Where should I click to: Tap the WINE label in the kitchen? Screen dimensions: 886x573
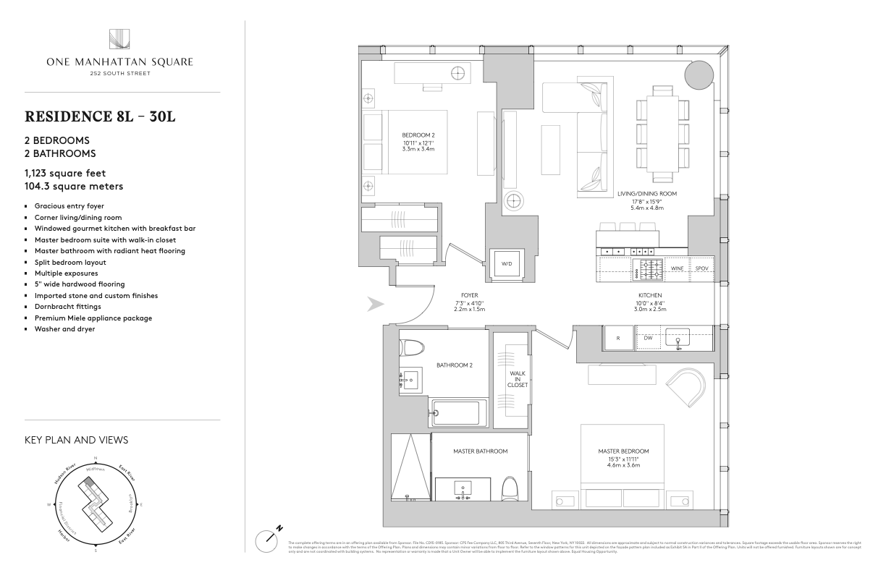[x=678, y=268]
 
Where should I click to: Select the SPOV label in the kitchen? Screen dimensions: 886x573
[x=701, y=268]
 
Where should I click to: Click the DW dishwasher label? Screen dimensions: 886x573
[x=649, y=338]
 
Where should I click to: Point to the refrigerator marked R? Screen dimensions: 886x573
[x=618, y=338]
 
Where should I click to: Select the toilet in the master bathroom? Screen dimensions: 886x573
[x=510, y=491]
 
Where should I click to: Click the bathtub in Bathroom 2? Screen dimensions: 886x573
[x=455, y=413]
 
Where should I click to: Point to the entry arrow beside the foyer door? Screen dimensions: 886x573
[x=374, y=305]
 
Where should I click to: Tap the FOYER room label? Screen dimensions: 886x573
[x=470, y=296]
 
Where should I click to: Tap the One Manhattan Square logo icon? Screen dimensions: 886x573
[x=119, y=40]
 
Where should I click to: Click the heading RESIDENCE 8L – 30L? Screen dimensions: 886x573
[x=101, y=117]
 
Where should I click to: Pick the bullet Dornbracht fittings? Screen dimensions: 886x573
[x=67, y=307]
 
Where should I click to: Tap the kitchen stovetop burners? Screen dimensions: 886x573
[x=649, y=268]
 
